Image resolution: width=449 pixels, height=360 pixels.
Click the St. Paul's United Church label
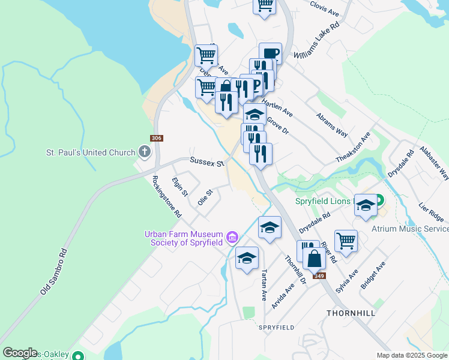click(x=91, y=152)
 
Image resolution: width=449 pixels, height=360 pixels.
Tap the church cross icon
click(x=145, y=152)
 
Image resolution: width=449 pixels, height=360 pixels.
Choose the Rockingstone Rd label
click(x=166, y=196)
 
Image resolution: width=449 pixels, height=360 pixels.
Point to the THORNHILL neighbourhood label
click(x=351, y=313)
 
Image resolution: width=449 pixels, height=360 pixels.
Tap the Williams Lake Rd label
click(x=316, y=42)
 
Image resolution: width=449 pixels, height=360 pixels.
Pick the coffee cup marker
click(x=270, y=53)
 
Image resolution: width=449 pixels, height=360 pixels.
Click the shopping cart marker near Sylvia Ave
click(x=346, y=241)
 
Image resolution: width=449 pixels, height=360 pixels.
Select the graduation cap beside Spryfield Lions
click(x=366, y=205)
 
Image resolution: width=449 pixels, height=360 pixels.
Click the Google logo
click(x=20, y=353)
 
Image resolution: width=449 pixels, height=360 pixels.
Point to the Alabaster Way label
click(x=435, y=163)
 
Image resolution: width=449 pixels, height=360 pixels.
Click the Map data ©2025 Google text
click(x=411, y=355)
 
